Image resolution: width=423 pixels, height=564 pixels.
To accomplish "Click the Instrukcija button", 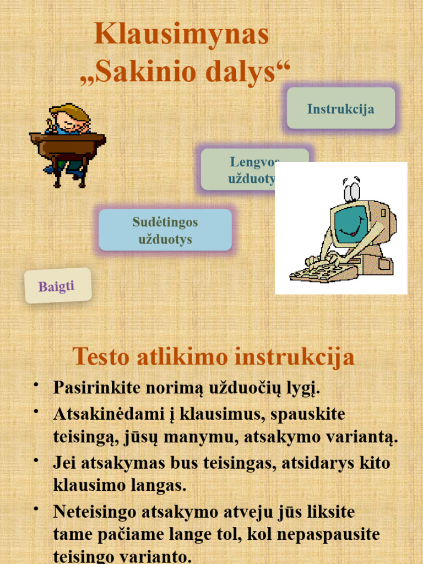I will point(340,109).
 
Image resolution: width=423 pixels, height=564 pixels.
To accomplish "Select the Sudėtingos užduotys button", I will point(165,230).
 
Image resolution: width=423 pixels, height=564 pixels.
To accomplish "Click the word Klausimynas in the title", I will point(181,35).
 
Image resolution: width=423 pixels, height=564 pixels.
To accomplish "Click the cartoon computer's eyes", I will point(351,190).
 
